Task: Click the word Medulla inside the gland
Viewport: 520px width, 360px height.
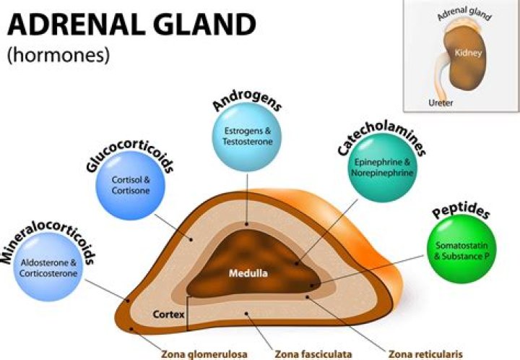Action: tap(246, 275)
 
